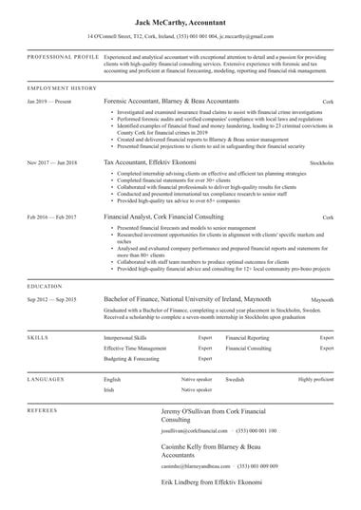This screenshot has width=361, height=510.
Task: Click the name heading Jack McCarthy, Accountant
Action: click(180, 19)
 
